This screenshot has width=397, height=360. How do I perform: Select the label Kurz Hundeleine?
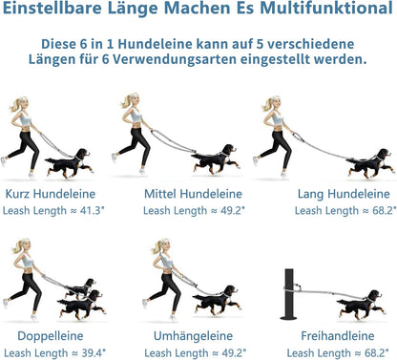[x=51, y=194]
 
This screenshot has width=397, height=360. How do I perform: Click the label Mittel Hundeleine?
[x=193, y=194]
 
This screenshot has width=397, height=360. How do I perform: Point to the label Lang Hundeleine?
[x=344, y=194]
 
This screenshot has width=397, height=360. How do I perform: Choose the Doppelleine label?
[x=51, y=336]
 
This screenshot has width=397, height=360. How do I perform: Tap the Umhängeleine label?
[x=193, y=336]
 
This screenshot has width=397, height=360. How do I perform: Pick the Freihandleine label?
[x=338, y=336]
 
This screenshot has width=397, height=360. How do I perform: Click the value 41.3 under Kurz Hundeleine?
[x=93, y=210]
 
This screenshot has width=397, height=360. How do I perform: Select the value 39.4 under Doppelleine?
[x=94, y=352]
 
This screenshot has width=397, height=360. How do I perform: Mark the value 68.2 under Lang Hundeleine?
[x=385, y=210]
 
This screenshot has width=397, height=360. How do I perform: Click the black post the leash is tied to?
[x=289, y=294]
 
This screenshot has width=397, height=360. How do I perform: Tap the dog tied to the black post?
[x=362, y=305]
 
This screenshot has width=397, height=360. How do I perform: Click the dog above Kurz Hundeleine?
[x=70, y=163]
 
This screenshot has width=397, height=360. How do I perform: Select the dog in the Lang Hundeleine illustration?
[x=369, y=163]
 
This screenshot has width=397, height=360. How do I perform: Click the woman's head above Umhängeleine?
[x=163, y=245]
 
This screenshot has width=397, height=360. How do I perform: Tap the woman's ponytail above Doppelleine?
[x=17, y=247]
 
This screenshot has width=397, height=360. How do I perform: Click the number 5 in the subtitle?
[x=260, y=44]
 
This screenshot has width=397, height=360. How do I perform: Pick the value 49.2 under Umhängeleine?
[x=234, y=352]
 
